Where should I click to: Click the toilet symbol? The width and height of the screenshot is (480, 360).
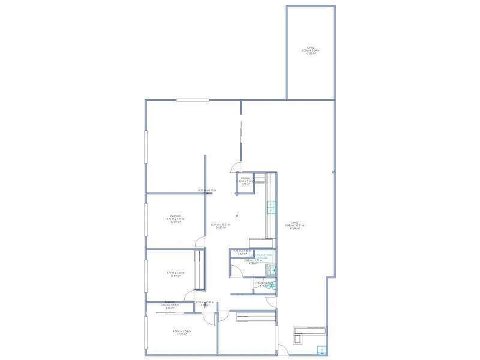coord(271,286)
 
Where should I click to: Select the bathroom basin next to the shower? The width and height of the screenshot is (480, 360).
coord(271,269)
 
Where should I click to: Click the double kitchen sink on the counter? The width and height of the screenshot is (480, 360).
coord(271,208)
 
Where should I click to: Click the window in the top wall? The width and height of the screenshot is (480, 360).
coord(192,100)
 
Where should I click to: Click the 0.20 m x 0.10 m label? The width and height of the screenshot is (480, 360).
coord(207,190)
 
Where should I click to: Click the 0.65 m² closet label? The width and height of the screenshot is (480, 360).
coord(242,253)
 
